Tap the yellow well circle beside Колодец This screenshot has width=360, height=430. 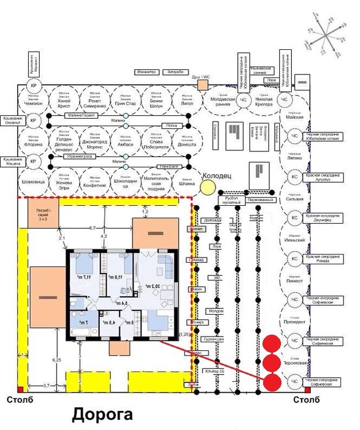(207, 187)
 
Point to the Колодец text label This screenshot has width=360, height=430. (217, 175)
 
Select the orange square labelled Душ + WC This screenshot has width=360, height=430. (202, 85)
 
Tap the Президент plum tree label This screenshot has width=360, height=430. (293, 322)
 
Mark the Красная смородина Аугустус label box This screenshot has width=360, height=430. (324, 177)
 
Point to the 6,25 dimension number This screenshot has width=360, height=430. (56, 359)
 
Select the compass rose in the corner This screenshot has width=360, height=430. (326, 34)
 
